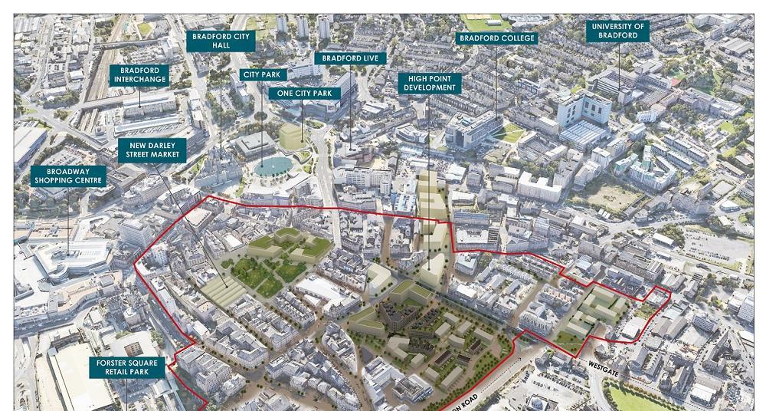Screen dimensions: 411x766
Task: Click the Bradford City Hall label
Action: pyautogui.click(x=221, y=41)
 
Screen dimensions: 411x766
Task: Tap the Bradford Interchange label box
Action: pyautogui.click(x=139, y=76)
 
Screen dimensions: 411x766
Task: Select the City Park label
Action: pyautogui.click(x=264, y=74)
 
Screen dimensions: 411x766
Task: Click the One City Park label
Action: pyautogui.click(x=305, y=93)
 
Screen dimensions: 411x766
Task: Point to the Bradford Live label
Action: pyautogui.click(x=351, y=58)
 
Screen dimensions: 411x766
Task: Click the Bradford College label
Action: pyautogui.click(x=496, y=38)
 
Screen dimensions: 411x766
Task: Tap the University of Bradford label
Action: pyautogui.click(x=618, y=31)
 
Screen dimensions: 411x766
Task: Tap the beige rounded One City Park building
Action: pyautogui.click(x=291, y=136)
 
